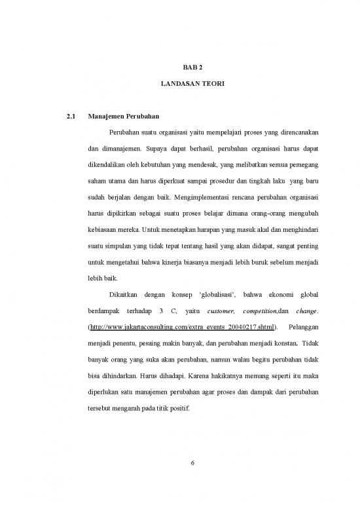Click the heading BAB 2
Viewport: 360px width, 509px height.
point(189,67)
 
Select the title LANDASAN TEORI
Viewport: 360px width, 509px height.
point(189,85)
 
